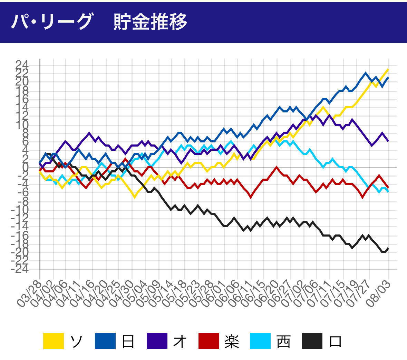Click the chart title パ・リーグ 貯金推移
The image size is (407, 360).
point(99,21)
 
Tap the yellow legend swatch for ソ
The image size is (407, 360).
point(54,341)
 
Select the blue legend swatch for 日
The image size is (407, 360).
point(105,341)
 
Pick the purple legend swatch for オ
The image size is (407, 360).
point(157,341)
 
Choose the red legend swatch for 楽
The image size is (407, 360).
point(209,341)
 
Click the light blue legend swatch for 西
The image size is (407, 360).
point(261,341)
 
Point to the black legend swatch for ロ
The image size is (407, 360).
point(312,341)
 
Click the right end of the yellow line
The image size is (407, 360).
point(388,69)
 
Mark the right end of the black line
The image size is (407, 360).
point(388,248)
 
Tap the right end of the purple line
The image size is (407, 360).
point(388,141)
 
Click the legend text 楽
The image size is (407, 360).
point(231,341)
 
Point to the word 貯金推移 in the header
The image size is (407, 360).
point(151,21)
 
